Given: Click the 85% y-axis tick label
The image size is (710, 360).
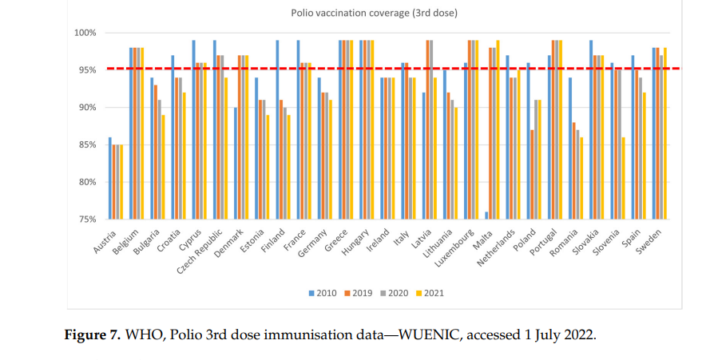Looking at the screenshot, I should tap(87, 144).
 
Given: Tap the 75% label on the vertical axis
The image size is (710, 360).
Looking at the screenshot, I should tap(87, 219).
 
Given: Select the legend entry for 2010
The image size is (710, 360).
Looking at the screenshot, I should tap(322, 293).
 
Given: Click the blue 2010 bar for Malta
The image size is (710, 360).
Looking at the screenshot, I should tap(486, 215).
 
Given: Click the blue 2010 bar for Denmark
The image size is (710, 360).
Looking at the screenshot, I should tap(235, 163).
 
